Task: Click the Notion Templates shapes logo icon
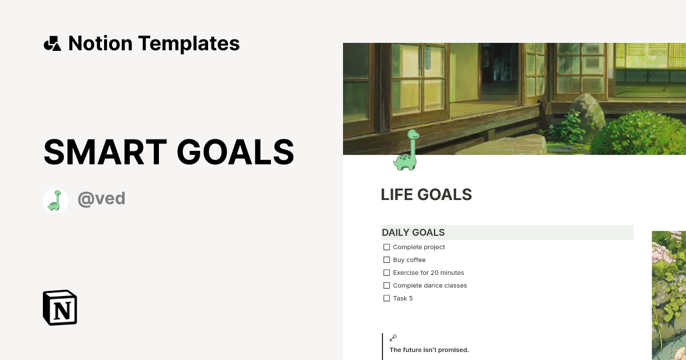coord(52,43)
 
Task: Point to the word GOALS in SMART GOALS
coord(236,152)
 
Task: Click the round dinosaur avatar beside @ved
coord(55,201)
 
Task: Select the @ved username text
coord(101,199)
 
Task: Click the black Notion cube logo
coord(60,307)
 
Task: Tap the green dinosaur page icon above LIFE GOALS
coord(406,150)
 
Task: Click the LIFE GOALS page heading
coord(426,195)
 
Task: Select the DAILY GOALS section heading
coord(413,233)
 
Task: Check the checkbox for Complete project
coord(386,247)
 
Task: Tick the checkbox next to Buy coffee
coord(386,260)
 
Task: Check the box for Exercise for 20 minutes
coord(386,273)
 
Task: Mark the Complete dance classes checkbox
coord(386,286)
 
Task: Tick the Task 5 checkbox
coord(386,298)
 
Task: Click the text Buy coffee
coord(409,260)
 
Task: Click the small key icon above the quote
coord(393,338)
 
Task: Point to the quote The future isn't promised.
coord(429,350)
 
